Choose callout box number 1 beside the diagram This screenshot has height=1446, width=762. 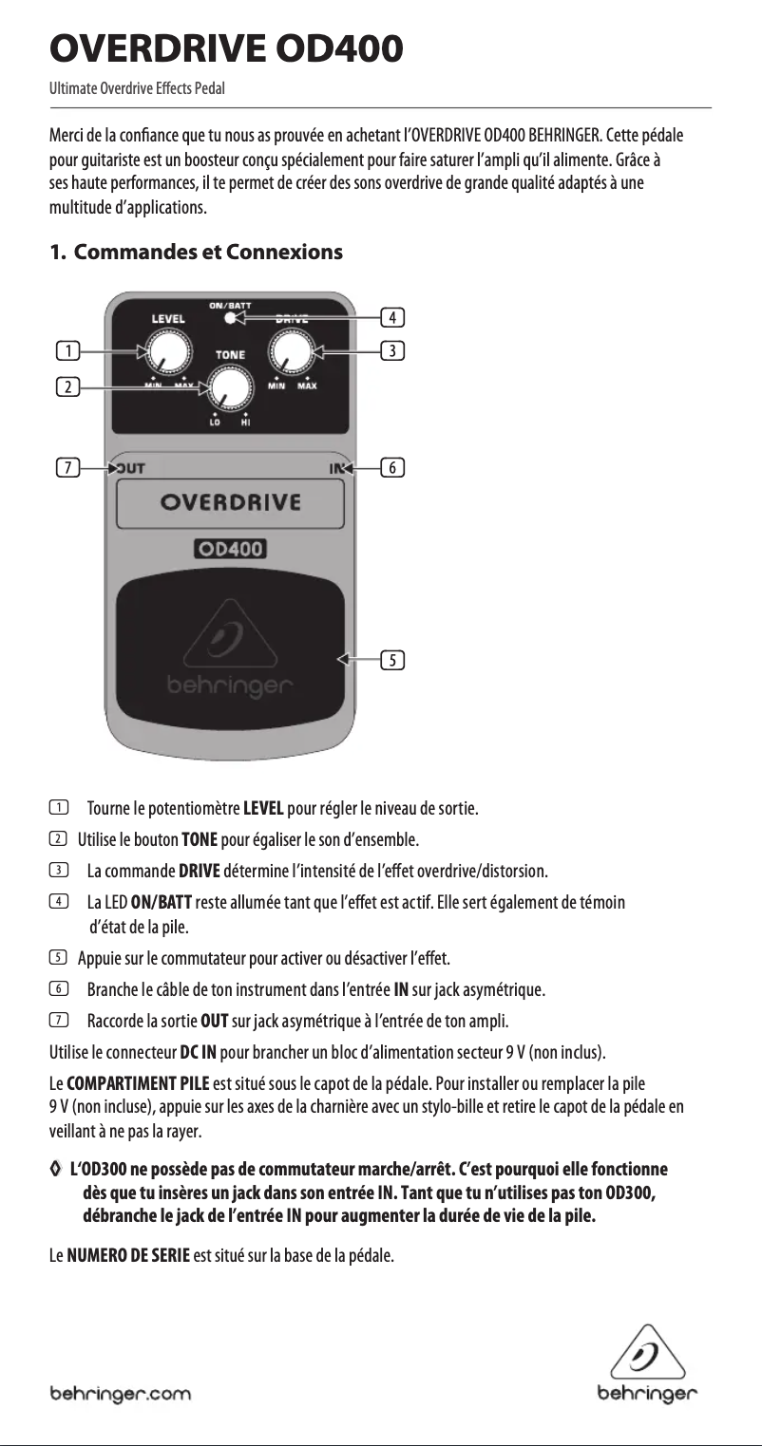(x=67, y=352)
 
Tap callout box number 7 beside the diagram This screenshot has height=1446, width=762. (x=67, y=467)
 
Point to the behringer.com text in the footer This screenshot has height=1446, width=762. (x=120, y=1394)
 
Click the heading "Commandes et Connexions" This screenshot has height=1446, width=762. (x=208, y=254)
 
